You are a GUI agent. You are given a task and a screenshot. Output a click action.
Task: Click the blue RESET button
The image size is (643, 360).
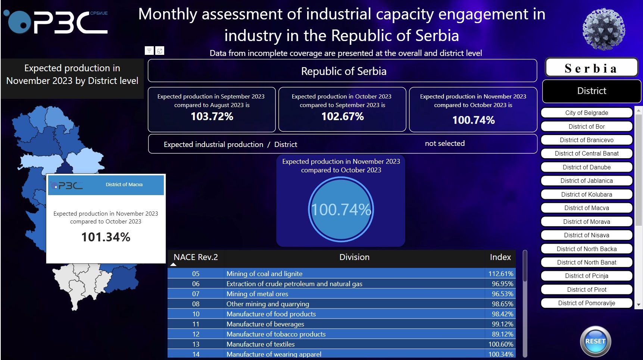(595, 341)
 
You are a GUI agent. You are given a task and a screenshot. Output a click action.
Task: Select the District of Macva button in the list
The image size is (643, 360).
(586, 208)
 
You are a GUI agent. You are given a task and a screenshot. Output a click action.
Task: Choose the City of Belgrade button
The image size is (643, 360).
(586, 113)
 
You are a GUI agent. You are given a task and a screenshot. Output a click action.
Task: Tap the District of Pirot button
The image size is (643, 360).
(586, 289)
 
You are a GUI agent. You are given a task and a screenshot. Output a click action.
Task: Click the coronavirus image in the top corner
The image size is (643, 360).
(603, 29)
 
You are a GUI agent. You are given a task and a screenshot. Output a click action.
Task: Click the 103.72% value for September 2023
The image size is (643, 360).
(212, 116)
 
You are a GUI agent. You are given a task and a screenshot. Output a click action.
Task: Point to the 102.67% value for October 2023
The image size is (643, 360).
(342, 116)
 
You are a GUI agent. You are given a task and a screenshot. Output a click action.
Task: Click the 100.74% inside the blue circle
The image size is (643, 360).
(341, 210)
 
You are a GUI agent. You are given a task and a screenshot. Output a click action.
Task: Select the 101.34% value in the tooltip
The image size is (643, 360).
(106, 237)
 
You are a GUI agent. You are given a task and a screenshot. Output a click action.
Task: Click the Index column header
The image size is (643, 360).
(500, 257)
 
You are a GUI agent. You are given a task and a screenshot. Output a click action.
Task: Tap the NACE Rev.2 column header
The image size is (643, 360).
(196, 257)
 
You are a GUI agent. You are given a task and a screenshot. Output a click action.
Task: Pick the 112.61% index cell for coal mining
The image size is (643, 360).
(500, 273)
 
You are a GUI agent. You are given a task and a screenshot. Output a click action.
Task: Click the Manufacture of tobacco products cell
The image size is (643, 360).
(276, 334)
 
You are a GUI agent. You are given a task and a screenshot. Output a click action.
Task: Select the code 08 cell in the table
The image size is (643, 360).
(196, 304)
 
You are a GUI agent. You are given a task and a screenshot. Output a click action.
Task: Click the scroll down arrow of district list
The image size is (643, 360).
(639, 305)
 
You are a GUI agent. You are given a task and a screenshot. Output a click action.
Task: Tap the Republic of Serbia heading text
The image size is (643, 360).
(343, 71)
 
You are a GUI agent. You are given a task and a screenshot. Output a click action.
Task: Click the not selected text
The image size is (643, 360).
(444, 143)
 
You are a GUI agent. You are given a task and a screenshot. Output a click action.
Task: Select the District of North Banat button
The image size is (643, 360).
(586, 262)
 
